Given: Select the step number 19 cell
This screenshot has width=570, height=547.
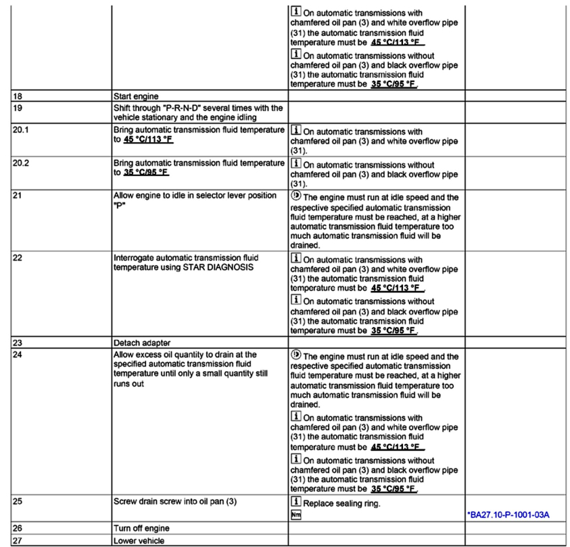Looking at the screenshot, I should click(x=18, y=108).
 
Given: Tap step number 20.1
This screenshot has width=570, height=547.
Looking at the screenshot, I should click(x=21, y=131).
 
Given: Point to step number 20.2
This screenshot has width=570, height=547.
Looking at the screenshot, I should click(x=21, y=164).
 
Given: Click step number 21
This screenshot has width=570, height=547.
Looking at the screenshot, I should click(x=18, y=196).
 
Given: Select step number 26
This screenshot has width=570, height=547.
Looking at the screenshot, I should click(x=18, y=528).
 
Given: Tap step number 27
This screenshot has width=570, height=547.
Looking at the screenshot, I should click(x=18, y=540).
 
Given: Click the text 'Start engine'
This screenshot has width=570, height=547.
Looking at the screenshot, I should click(x=135, y=97).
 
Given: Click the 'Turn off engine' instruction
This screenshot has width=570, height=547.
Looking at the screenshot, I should click(x=141, y=528).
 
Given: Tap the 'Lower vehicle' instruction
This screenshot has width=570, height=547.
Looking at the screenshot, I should click(x=139, y=540).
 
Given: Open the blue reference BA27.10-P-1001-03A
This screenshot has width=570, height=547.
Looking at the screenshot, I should click(x=508, y=515).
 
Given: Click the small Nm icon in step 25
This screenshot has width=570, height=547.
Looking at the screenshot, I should click(x=295, y=515).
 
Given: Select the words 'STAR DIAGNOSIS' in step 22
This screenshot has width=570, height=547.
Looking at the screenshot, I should click(x=222, y=268).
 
